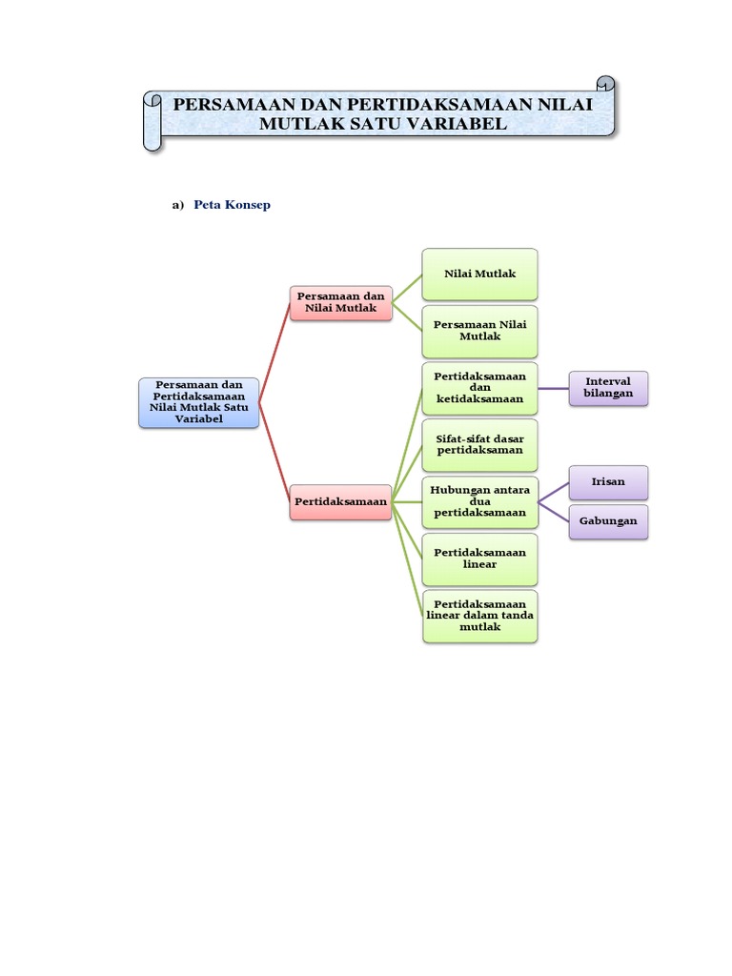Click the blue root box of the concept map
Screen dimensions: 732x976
coord(198,402)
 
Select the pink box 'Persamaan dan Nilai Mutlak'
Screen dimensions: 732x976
coord(340,302)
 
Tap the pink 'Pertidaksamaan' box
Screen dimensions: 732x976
coord(340,501)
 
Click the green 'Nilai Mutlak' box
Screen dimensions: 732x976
coord(480,274)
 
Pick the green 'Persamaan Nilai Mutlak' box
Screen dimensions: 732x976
coord(480,331)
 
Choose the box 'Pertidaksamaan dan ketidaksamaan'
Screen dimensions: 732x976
coord(480,388)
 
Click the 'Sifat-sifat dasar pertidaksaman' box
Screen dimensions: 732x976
coord(480,444)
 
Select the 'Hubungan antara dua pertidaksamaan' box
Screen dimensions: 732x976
coord(480,501)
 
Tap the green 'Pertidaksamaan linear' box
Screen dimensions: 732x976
coord(480,559)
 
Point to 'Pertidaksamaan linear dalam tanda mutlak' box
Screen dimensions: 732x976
coord(480,616)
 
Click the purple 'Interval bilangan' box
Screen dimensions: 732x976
coord(608,388)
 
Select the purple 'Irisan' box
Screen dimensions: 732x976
coord(608,482)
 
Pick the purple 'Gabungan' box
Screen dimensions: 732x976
coord(608,521)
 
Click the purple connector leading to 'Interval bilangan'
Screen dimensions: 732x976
coord(554,389)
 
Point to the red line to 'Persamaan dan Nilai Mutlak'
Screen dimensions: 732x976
coord(274,353)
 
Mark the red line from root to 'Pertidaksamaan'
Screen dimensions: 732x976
coord(274,452)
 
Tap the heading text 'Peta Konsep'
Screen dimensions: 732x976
coord(233,205)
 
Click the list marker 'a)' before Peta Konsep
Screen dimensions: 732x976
coord(178,205)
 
